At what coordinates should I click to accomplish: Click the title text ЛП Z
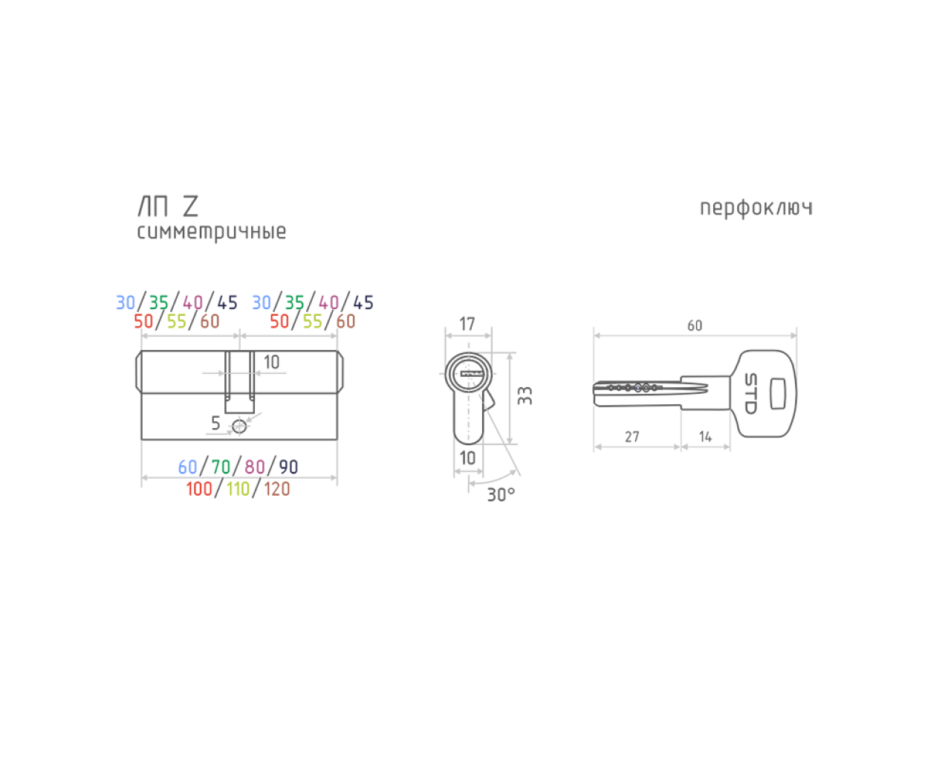pyautogui.click(x=169, y=207)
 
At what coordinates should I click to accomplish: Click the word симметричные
pyautogui.click(x=212, y=232)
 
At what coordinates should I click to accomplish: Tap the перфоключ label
pyautogui.click(x=756, y=208)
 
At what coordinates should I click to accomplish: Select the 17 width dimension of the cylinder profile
pyautogui.click(x=467, y=324)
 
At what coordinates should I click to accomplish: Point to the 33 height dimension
pyautogui.click(x=525, y=395)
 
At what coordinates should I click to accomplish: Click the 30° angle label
pyautogui.click(x=501, y=495)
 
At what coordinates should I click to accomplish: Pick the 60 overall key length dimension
pyautogui.click(x=695, y=326)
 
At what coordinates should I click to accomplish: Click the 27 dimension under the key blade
pyautogui.click(x=632, y=437)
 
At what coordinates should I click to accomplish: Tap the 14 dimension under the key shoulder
pyautogui.click(x=705, y=437)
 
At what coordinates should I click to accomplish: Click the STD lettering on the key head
pyautogui.click(x=751, y=394)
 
